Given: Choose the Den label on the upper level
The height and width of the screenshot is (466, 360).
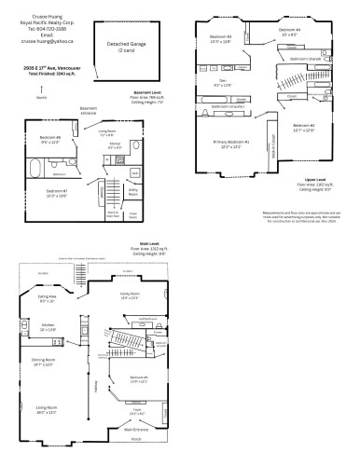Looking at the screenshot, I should (224, 81).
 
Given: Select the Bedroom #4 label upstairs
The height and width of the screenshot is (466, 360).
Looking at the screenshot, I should (291, 31).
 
